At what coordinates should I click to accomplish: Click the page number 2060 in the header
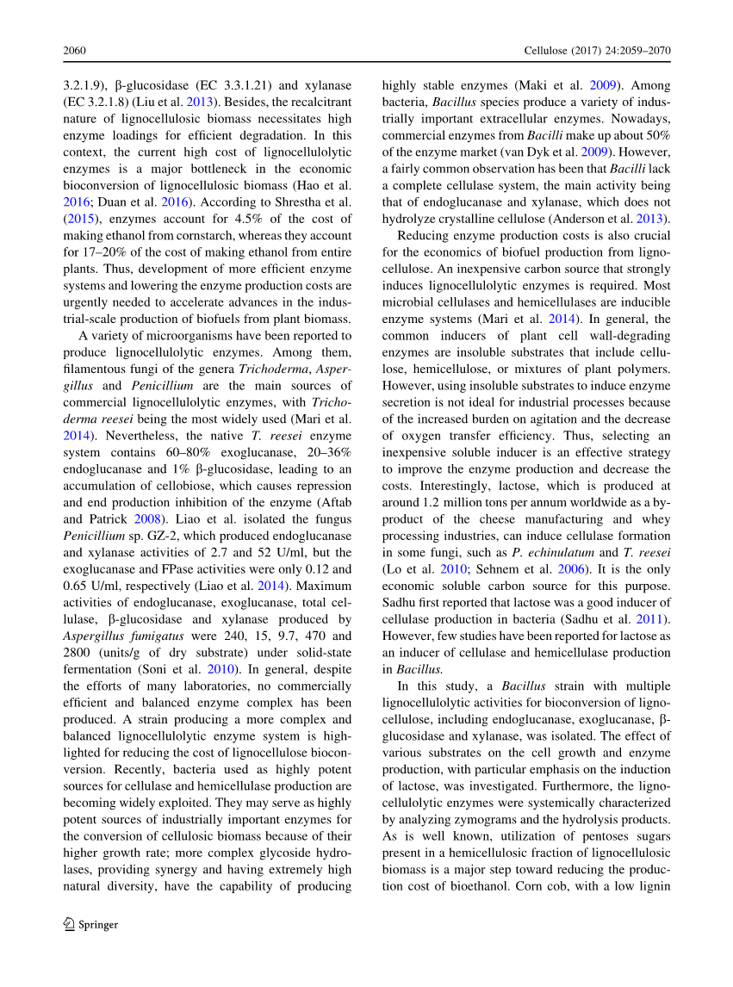coord(76,51)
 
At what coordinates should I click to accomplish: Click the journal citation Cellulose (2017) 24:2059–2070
coord(598,51)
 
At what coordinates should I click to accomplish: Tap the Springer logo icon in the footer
coord(69,925)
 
